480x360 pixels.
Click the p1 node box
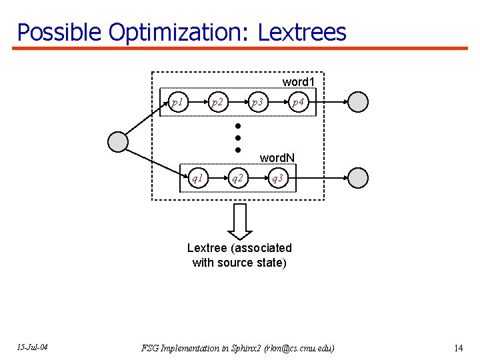(177, 103)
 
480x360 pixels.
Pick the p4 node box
(298, 103)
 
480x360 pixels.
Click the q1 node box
(197, 178)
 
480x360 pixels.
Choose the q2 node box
(237, 178)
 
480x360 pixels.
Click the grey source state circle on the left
(118, 141)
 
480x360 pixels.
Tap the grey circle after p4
(359, 102)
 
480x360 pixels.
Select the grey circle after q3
(359, 178)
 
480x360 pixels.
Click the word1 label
(298, 81)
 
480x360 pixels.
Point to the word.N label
(277, 158)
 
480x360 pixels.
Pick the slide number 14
(458, 348)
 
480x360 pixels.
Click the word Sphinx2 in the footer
(247, 348)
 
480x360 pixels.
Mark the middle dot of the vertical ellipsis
(237, 137)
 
